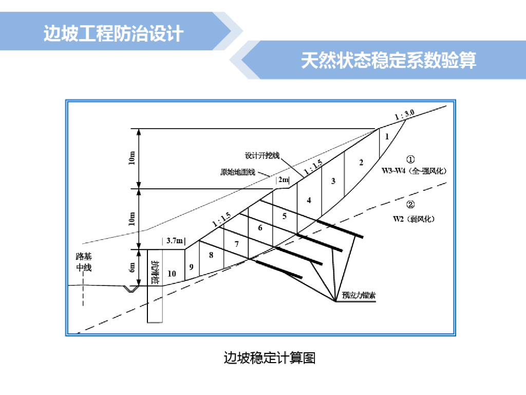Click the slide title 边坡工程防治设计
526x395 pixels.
[x=114, y=33]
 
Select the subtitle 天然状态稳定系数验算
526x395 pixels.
[x=388, y=60]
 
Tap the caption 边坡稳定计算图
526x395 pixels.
[x=270, y=357]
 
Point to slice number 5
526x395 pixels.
[x=284, y=216]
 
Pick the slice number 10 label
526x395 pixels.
[x=172, y=274]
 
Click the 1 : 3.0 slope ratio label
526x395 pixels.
[x=404, y=115]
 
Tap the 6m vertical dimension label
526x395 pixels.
[x=133, y=267]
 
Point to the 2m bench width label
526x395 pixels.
[x=283, y=179]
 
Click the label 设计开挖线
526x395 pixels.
[x=262, y=155]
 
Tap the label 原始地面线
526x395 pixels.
[x=237, y=172]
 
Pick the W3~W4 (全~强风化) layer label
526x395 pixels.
[x=414, y=170]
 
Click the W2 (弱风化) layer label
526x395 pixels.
[x=414, y=219]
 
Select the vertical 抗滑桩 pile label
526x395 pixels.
[x=155, y=273]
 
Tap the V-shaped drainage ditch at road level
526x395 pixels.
[x=132, y=289]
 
